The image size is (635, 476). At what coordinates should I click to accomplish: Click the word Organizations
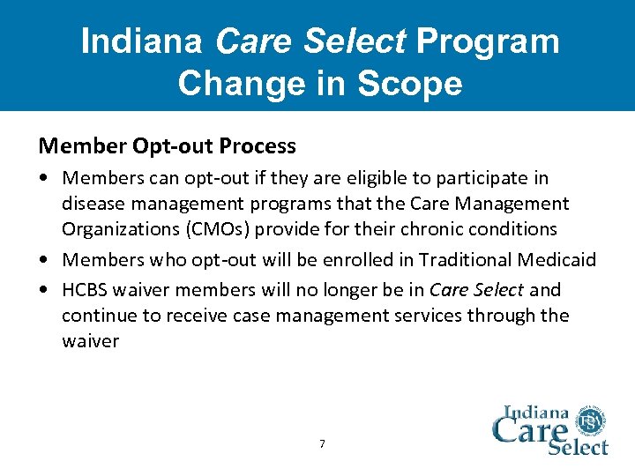tap(113, 229)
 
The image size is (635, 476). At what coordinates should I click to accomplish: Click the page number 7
tap(321, 444)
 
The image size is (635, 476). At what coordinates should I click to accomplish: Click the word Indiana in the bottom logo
tap(536, 412)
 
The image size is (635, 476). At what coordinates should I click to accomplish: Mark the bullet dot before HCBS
tap(44, 290)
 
